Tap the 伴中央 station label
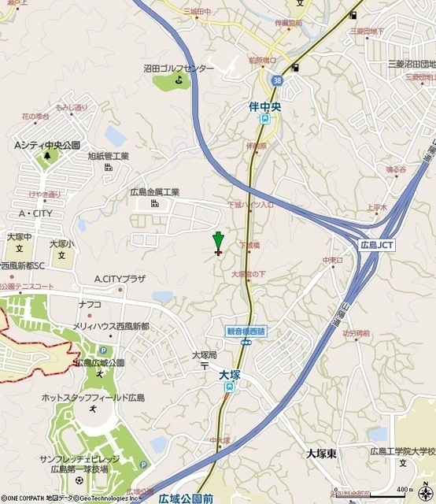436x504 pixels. pyautogui.click(x=265, y=102)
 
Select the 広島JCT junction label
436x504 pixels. pyautogui.click(x=376, y=245)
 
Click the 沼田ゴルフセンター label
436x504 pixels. pyautogui.click(x=179, y=69)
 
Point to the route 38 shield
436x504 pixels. pyautogui.click(x=274, y=80)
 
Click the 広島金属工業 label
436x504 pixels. pyautogui.click(x=155, y=191)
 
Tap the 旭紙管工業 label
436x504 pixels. pyautogui.click(x=108, y=156)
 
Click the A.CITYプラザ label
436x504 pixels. pyautogui.click(x=120, y=279)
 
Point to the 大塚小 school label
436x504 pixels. pyautogui.click(x=59, y=244)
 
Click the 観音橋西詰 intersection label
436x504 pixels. pyautogui.click(x=246, y=331)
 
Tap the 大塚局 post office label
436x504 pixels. pyautogui.click(x=205, y=355)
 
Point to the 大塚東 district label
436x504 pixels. pyautogui.click(x=321, y=454)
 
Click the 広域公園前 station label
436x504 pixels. pyautogui.click(x=186, y=498)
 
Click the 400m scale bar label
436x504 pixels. pyautogui.click(x=405, y=489)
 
